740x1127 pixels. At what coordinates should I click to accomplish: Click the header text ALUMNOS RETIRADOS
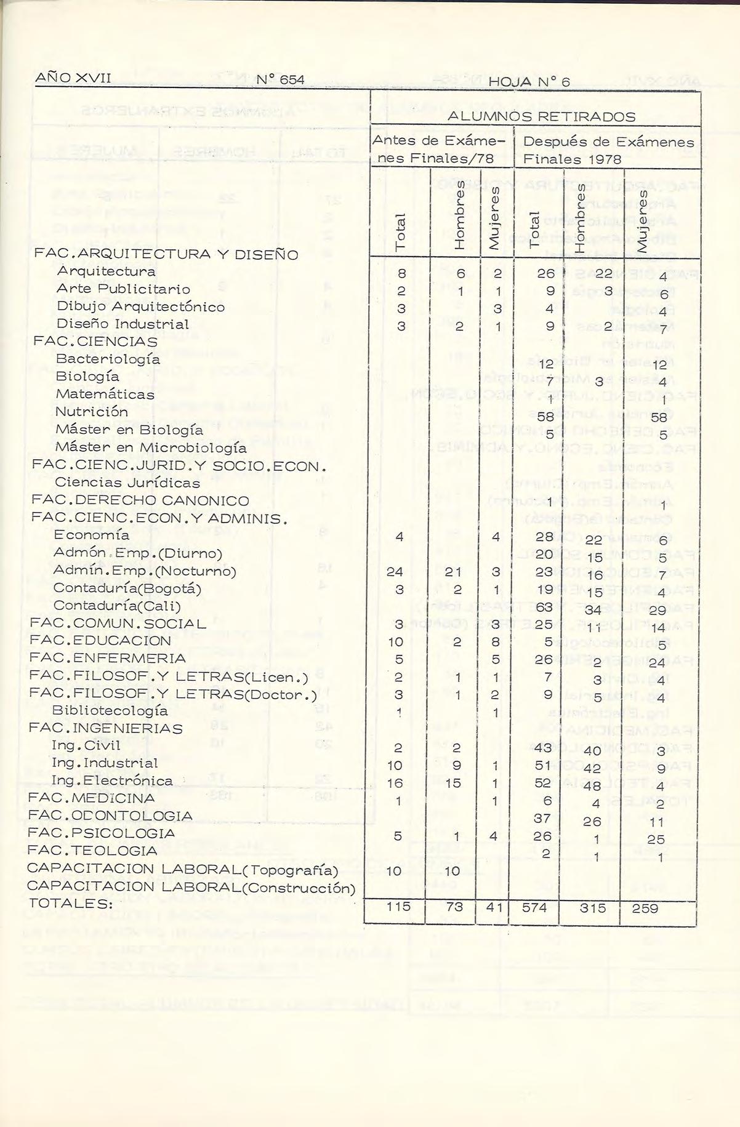click(541, 116)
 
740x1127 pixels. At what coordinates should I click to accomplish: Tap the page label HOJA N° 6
click(530, 82)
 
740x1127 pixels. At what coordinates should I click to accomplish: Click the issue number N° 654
click(280, 79)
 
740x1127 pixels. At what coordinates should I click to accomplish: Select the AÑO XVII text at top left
click(73, 78)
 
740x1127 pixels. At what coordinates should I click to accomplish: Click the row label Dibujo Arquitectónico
click(140, 307)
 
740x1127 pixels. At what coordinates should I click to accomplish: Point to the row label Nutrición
click(92, 412)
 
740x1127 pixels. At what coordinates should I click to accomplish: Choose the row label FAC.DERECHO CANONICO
click(140, 500)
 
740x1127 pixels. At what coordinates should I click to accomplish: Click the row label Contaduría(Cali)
click(117, 606)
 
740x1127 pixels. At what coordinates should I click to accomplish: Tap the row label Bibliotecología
click(110, 711)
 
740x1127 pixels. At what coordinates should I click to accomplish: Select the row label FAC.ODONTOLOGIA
click(110, 816)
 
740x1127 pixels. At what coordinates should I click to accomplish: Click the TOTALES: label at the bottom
click(71, 904)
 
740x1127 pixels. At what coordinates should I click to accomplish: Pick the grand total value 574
click(534, 908)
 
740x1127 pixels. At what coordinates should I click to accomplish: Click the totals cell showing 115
click(397, 907)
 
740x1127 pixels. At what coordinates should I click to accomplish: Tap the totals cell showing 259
click(645, 908)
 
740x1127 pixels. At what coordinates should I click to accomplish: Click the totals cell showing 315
click(592, 908)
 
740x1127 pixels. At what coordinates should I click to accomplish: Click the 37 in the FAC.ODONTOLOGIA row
click(542, 817)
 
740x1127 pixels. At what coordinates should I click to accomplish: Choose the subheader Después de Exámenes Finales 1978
click(608, 150)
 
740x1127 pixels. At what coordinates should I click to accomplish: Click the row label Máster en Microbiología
click(151, 447)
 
